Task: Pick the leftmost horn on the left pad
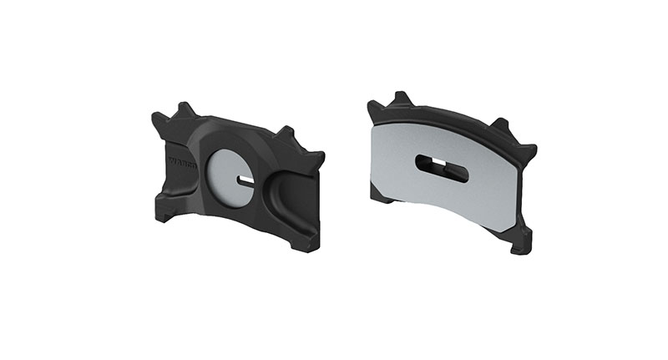coord(156,119)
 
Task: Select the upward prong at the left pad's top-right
coord(286,133)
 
